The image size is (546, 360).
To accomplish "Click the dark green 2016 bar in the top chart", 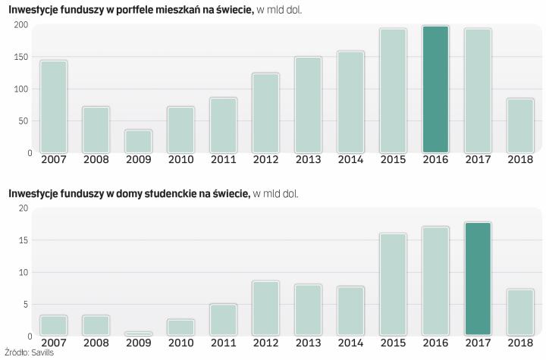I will coord(435,89).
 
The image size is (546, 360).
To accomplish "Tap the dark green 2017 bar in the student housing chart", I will coord(478,278).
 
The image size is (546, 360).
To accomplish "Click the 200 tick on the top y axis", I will coord(20,25).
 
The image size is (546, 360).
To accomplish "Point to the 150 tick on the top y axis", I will coord(20,58).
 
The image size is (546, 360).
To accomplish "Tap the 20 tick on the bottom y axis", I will coord(23,208).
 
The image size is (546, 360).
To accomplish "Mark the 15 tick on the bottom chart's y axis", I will coord(23,241).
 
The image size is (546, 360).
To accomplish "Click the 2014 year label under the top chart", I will coord(350,160).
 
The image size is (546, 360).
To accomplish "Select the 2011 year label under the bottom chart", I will coord(223,343).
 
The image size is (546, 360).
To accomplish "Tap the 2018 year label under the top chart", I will coord(520,160).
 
